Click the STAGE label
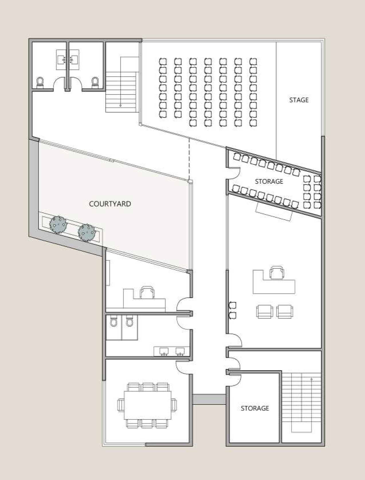click(299, 100)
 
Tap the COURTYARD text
click(110, 204)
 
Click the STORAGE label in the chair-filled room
click(269, 181)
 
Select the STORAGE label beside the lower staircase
click(255, 408)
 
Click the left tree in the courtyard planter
click(58, 225)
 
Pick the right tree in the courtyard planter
click(87, 232)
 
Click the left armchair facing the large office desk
click(265, 311)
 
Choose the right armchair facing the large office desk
click(285, 311)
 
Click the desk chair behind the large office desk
click(277, 272)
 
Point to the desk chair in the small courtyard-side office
click(147, 292)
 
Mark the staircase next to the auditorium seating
click(122, 85)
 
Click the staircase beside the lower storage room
click(301, 402)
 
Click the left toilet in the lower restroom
click(114, 322)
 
